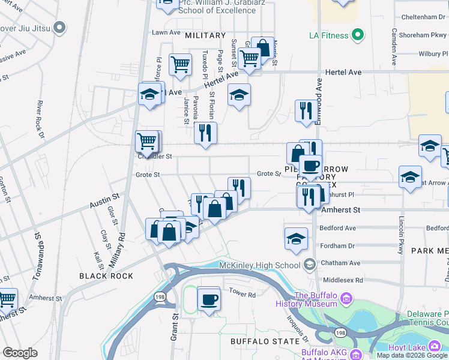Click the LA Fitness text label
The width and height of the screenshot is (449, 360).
(x=328, y=35)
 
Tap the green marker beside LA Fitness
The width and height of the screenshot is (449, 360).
(x=358, y=35)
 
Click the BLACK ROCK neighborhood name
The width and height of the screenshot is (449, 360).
(x=101, y=275)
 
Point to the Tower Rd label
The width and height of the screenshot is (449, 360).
(x=243, y=294)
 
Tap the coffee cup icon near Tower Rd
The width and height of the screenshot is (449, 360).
(x=208, y=299)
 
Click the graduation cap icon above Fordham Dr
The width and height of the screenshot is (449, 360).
(x=296, y=238)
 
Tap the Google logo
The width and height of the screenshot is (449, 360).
(x=20, y=353)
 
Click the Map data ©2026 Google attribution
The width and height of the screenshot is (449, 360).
(x=412, y=355)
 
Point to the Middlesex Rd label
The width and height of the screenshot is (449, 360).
(x=342, y=280)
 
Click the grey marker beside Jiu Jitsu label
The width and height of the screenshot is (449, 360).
(x=59, y=27)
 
